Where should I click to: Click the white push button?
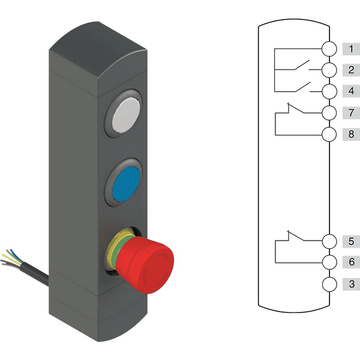(x=126, y=115)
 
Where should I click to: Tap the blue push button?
(x=126, y=184)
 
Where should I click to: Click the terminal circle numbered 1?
(x=329, y=49)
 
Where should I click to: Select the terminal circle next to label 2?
(x=329, y=70)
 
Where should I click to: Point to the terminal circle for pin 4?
(x=329, y=91)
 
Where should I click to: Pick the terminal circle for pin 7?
(x=329, y=113)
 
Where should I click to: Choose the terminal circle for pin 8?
(x=329, y=134)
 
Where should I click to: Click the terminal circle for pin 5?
(x=329, y=241)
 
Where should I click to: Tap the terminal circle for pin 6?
(x=329, y=262)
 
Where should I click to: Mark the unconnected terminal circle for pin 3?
(x=329, y=284)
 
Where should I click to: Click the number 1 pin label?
(x=351, y=49)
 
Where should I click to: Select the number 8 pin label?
(x=351, y=134)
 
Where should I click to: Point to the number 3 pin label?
(x=351, y=284)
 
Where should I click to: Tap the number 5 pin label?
(x=351, y=241)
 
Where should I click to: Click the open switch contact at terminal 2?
(x=301, y=65)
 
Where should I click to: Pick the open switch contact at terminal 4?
(x=302, y=87)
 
